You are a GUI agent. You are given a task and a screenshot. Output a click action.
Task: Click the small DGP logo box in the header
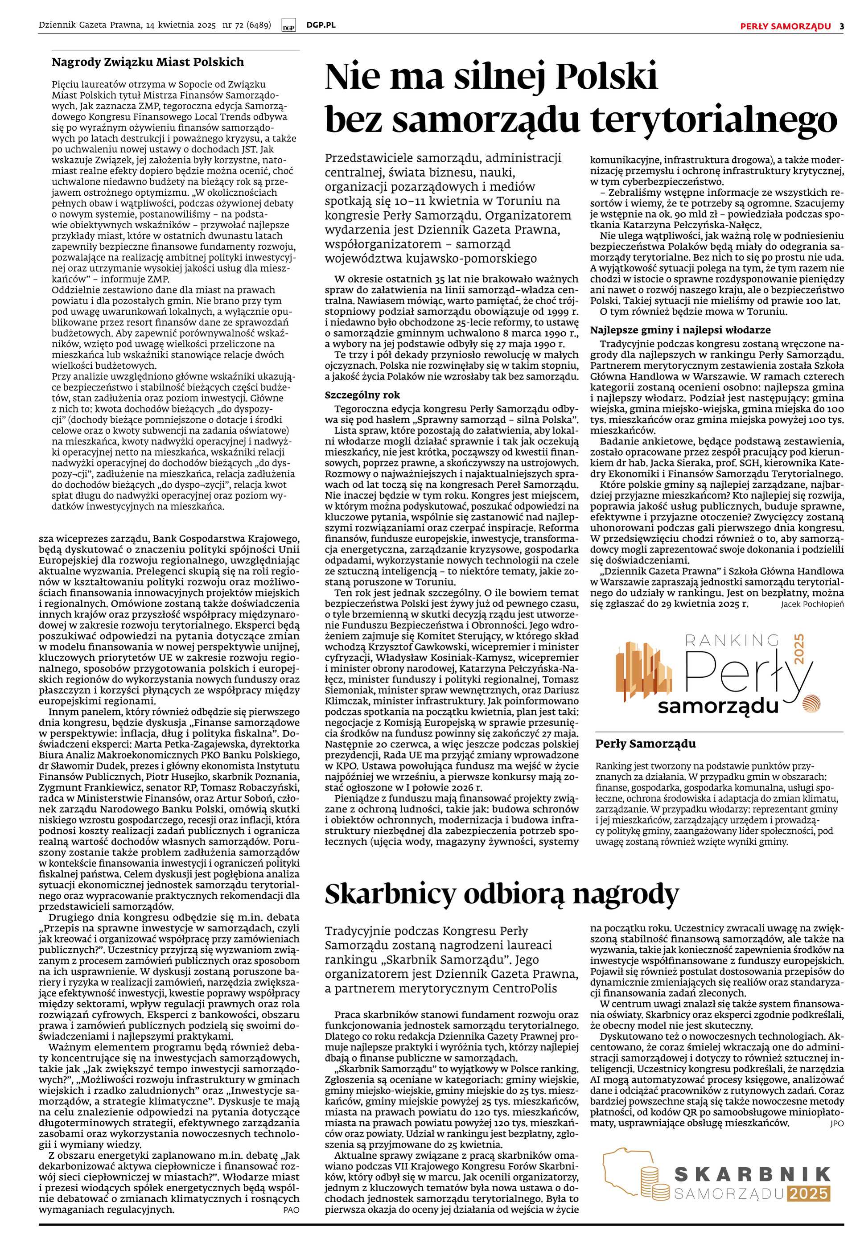click(x=288, y=26)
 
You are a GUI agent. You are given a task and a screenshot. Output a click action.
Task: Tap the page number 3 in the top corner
click(x=842, y=26)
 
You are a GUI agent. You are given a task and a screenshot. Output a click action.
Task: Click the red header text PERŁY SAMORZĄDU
click(x=785, y=26)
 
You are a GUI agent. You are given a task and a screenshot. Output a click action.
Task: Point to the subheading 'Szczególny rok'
click(x=362, y=395)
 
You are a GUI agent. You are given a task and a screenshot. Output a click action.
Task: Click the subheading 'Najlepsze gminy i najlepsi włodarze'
click(x=680, y=330)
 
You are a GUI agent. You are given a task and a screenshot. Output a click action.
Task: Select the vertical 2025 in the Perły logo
click(x=814, y=650)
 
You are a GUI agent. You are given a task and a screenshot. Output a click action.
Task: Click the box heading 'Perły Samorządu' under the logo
click(x=645, y=744)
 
